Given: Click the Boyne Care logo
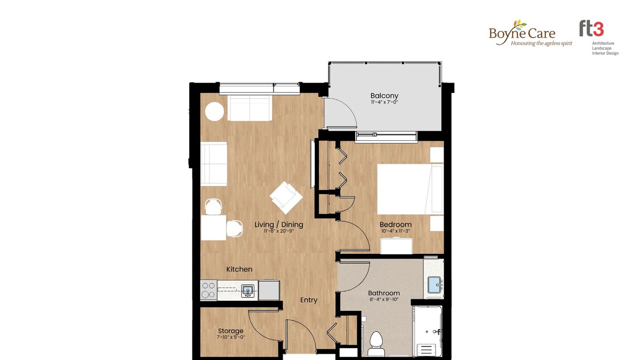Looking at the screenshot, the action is pos(531,33).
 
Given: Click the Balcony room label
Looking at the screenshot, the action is pos(385,95).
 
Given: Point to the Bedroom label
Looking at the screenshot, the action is pos(395,225).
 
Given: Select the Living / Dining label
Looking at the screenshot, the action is pos(279,225).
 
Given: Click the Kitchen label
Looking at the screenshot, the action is pos(239,269).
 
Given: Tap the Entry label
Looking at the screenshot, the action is pos(309,300).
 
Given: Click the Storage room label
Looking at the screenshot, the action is pos(230,331).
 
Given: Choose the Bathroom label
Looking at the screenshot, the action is pos(383,293).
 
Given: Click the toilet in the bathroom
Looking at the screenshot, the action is pos(375,343).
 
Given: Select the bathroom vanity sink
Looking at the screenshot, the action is pos(435,285).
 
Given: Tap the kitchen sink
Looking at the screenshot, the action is pos(247,291).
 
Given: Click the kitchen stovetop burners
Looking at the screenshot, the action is pos(209,290).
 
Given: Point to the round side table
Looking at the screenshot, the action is pos(214,111).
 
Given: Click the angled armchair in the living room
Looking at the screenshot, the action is pos(286,198).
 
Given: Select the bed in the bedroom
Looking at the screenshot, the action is pos(410,189).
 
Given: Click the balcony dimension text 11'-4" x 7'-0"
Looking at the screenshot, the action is pos(385,102).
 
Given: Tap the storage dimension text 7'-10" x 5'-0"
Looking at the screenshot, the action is pos(230,337).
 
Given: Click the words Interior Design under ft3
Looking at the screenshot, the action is pos(605,53).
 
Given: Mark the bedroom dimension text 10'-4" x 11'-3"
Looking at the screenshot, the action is pos(395,231).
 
